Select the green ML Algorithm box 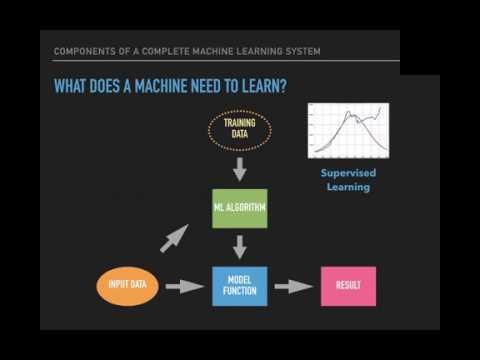click(240, 208)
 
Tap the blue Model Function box click(240, 286)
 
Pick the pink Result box click(348, 286)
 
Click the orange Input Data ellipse click(127, 286)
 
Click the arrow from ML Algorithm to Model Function click(240, 246)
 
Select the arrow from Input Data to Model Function click(184, 287)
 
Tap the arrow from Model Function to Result click(293, 287)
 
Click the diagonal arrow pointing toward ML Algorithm click(174, 238)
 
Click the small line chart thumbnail click(348, 130)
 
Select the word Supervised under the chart click(348, 172)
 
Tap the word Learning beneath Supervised click(348, 187)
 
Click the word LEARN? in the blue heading click(264, 87)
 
